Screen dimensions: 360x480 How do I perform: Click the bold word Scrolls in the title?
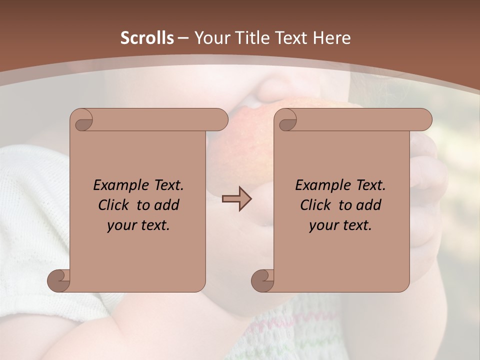[x=147, y=38]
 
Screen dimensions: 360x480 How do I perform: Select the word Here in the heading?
[x=331, y=38]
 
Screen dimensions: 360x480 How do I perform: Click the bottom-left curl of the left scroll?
[x=59, y=280]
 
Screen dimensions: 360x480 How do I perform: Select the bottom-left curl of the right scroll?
[x=263, y=280]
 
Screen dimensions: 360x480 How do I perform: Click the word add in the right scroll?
[x=369, y=205]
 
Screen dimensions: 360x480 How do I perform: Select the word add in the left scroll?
[x=167, y=205]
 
